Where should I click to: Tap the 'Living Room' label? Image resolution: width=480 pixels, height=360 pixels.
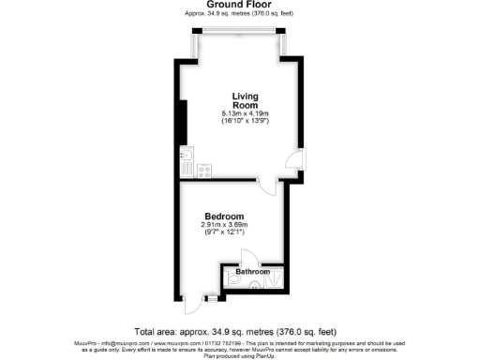(245, 100)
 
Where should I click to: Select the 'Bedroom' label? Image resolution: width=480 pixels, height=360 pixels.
(224, 217)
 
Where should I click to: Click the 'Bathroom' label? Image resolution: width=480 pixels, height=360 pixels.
(252, 272)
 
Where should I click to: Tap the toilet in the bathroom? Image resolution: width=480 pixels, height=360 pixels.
(233, 278)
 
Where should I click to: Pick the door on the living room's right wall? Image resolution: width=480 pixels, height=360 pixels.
(293, 161)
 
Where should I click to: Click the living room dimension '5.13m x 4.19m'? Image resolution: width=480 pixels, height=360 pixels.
(245, 114)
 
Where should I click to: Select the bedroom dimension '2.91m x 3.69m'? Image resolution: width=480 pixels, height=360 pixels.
(224, 225)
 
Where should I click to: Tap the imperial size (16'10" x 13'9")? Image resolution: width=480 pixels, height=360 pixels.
(245, 122)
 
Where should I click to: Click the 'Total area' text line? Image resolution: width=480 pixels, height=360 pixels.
(234, 332)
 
